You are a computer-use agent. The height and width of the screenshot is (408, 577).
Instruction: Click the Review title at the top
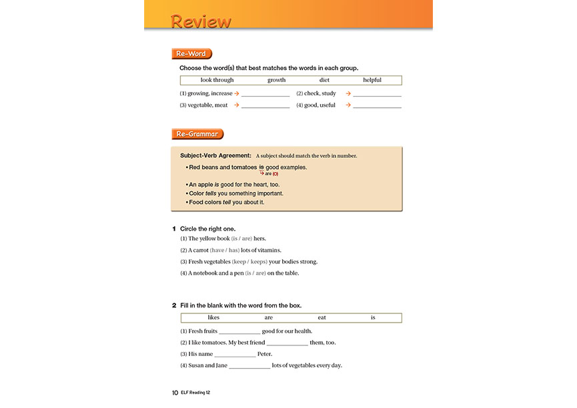point(201,21)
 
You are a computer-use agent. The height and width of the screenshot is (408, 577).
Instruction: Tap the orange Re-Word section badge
point(191,54)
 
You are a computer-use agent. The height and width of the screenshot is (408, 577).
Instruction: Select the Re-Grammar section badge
point(197,134)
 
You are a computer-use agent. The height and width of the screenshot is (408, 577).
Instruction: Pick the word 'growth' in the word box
point(276,80)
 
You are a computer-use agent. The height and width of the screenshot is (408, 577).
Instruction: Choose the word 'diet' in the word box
point(324,80)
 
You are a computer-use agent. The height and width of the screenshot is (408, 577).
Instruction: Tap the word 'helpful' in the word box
point(372,80)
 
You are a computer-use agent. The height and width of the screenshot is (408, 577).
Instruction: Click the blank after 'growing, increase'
point(265,95)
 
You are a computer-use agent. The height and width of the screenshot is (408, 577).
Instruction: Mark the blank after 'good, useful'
point(378,106)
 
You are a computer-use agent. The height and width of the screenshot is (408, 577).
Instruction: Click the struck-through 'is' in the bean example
point(261,167)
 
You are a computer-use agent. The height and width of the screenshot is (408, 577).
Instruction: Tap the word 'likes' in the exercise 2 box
point(213,317)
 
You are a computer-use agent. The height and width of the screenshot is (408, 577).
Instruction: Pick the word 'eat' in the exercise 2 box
point(322,317)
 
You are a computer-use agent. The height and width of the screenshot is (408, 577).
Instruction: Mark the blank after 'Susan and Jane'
point(249,366)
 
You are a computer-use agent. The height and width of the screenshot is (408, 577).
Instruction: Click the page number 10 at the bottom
point(175,393)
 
